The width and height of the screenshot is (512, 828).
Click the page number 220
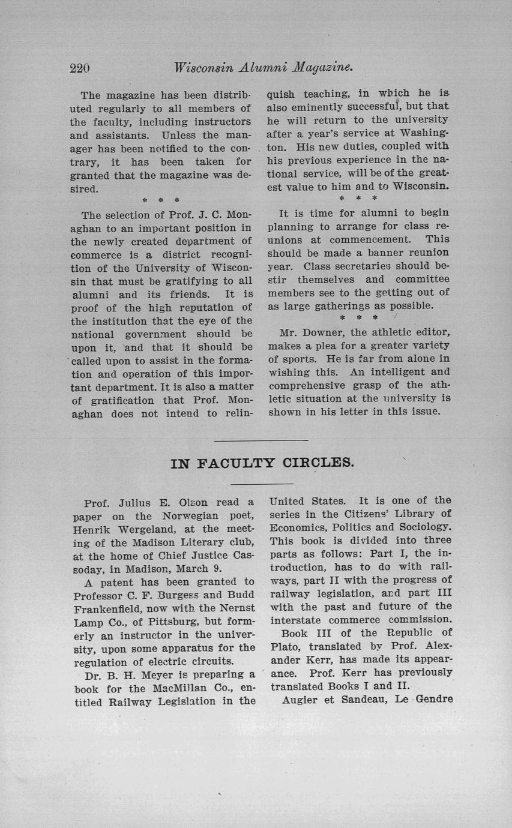[80, 68]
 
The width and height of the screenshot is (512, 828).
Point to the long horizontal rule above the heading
[261, 441]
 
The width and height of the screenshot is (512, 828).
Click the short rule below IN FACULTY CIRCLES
[262, 484]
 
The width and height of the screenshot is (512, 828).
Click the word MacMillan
[162, 688]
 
